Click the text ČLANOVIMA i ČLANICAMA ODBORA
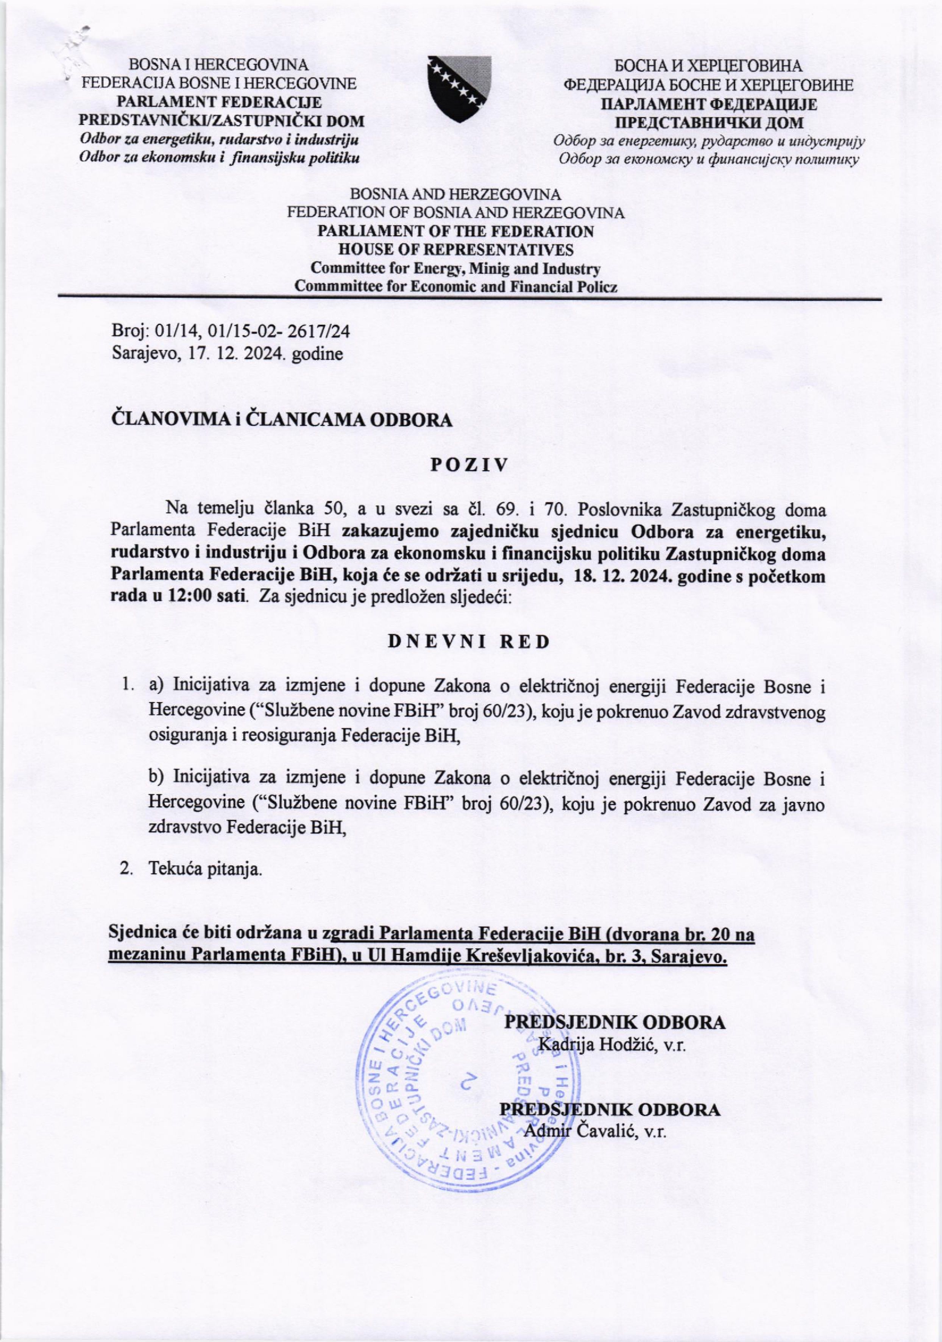(x=282, y=420)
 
